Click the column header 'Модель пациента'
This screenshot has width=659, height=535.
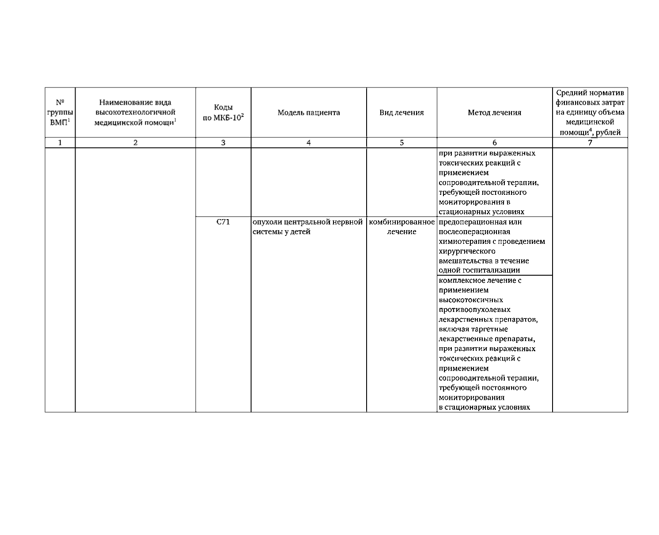point(309,113)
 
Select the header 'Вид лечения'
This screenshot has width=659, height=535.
point(401,113)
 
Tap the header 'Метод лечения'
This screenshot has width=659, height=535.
point(494,113)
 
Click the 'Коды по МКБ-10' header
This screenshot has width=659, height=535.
point(223,113)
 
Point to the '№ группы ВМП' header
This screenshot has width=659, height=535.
point(60,113)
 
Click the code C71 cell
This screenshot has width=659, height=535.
point(223,222)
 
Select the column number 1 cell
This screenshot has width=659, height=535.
point(60,143)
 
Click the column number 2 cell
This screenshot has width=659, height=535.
point(135,143)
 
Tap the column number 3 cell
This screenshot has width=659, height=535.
point(223,143)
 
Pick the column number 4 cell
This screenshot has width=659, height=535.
point(309,143)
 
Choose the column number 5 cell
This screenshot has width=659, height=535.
point(401,143)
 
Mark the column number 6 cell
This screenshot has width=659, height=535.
point(494,143)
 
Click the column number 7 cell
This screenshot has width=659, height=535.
point(590,143)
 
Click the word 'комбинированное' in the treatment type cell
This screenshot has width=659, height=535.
point(401,222)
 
